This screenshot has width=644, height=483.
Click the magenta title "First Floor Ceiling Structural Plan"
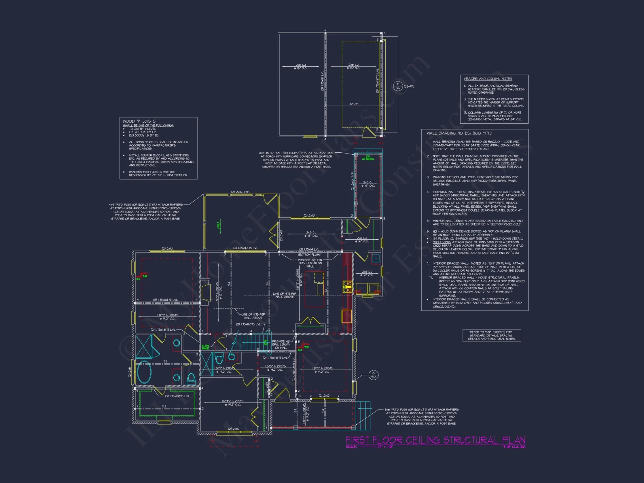click(435, 440)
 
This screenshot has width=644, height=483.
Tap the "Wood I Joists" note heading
click(139, 121)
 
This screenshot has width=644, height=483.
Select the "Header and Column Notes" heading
click(488, 79)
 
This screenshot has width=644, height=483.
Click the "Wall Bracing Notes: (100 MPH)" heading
click(459, 133)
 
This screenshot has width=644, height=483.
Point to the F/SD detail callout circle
click(398, 86)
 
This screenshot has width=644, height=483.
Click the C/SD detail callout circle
click(373, 375)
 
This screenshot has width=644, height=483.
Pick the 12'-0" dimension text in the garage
click(354, 104)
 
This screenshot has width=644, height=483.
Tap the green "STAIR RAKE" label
click(205, 347)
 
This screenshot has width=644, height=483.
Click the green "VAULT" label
click(218, 225)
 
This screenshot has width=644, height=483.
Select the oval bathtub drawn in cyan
click(144, 372)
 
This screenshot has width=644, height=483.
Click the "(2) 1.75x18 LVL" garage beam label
click(322, 80)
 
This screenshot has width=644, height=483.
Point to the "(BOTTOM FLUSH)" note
click(309, 255)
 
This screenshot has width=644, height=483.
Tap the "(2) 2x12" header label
click(324, 395)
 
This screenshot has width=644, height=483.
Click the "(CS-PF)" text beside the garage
click(409, 86)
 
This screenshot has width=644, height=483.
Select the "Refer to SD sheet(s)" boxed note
click(491, 336)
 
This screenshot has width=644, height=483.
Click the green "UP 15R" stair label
click(266, 343)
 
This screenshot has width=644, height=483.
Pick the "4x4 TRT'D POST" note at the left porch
click(146, 212)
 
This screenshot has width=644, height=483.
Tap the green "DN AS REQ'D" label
click(368, 158)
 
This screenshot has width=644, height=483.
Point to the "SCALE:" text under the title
click(351, 447)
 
